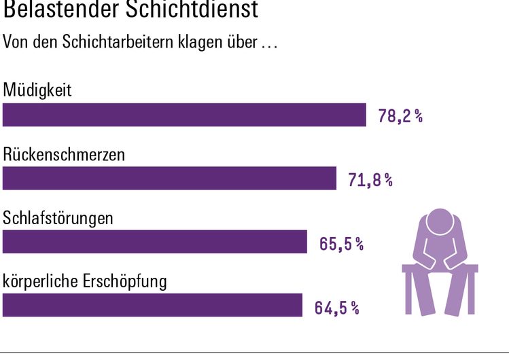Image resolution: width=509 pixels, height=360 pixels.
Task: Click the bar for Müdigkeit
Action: point(184,115)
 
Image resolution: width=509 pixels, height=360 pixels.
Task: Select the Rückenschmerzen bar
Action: point(169,178)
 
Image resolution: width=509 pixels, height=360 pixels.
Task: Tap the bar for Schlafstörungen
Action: point(155,241)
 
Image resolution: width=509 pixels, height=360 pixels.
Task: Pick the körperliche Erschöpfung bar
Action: point(152,304)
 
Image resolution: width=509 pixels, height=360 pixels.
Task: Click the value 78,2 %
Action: point(400,117)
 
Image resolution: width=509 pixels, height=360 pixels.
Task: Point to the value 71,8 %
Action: point(370,180)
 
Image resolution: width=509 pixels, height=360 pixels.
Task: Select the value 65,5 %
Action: point(341,244)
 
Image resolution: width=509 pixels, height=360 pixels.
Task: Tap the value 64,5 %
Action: point(336,308)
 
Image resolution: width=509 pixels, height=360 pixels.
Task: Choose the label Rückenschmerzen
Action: point(64,154)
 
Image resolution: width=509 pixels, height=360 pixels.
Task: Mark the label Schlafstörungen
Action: point(58,219)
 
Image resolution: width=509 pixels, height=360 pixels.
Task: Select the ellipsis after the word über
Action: point(269,45)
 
